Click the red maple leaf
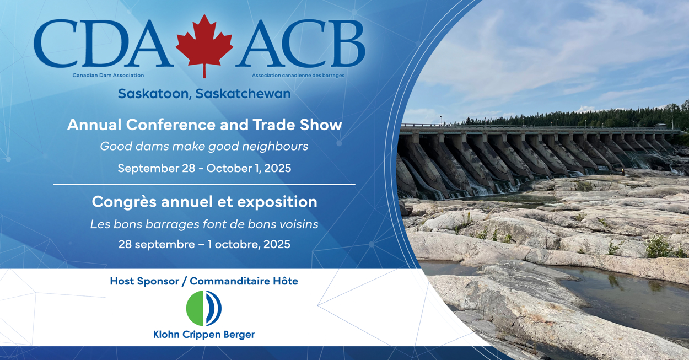click(204, 44)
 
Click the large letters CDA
click(102, 44)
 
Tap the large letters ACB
click(303, 44)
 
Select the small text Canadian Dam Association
click(108, 75)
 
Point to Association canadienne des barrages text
click(298, 75)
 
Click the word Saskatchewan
click(243, 94)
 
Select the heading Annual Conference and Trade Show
click(204, 125)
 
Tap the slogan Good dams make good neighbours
click(204, 146)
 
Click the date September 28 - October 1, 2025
click(204, 168)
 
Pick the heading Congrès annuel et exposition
click(204, 202)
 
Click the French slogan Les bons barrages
click(204, 224)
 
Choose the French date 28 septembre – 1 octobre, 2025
click(204, 244)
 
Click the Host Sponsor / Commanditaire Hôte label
click(204, 281)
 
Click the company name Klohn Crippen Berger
click(204, 335)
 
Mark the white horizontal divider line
click(204, 184)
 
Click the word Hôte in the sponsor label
click(285, 281)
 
